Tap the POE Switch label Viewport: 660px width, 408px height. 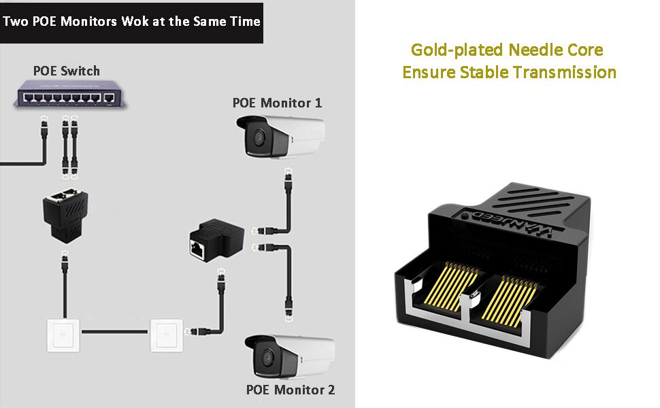[x=67, y=71]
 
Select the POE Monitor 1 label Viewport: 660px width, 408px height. [x=277, y=103]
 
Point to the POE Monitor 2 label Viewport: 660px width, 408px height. [x=291, y=390]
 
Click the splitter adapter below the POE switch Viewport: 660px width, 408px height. [x=66, y=210]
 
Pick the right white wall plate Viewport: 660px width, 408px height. [x=167, y=334]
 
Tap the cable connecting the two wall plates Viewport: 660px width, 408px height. [x=115, y=333]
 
